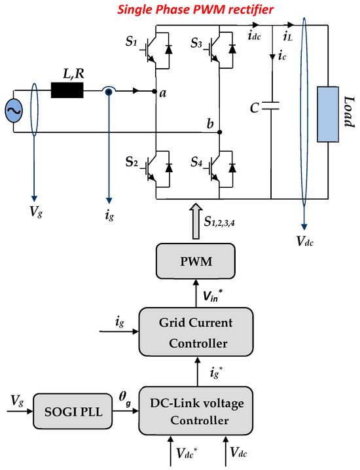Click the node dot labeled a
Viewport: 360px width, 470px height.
tap(154, 92)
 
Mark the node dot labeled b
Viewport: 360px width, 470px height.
tap(219, 132)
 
